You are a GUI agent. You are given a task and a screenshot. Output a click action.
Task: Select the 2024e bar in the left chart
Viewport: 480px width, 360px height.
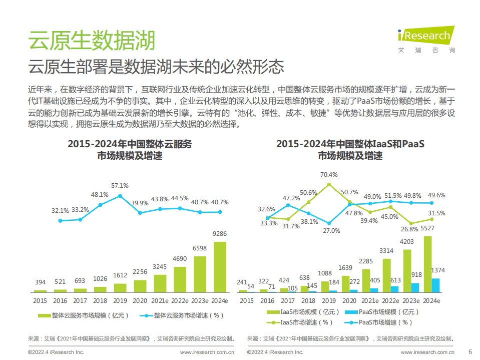click(x=220, y=267)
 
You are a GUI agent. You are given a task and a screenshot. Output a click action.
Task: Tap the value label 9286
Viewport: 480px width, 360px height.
click(x=220, y=234)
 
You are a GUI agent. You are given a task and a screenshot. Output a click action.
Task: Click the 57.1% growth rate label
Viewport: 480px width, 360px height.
click(x=120, y=185)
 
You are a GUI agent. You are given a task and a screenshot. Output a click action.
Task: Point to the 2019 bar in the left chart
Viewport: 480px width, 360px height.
click(x=120, y=287)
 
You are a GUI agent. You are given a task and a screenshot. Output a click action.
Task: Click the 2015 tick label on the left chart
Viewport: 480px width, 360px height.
click(x=40, y=300)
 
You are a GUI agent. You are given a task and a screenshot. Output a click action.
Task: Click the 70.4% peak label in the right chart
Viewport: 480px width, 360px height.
click(x=328, y=174)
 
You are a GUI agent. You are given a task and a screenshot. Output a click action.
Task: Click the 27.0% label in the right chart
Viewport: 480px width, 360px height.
click(x=331, y=230)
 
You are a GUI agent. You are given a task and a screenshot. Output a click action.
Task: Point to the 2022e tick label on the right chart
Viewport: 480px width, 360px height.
click(x=390, y=300)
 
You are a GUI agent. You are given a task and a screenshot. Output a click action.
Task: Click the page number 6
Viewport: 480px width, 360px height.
click(x=469, y=350)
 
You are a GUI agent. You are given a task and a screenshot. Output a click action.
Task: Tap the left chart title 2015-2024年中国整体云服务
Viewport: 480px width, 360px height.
click(x=130, y=144)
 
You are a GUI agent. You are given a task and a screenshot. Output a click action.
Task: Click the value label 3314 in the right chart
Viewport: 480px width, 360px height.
click(x=386, y=250)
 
